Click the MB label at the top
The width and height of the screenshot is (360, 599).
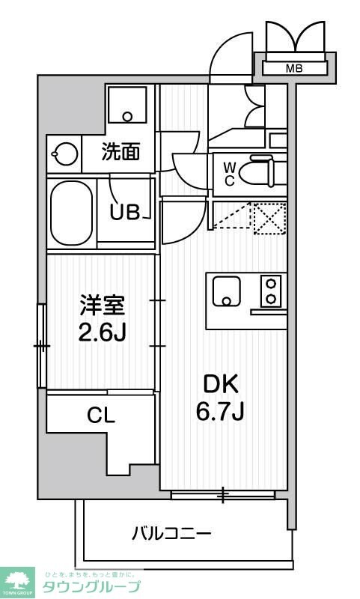pyautogui.click(x=294, y=69)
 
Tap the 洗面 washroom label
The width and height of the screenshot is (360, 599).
pyautogui.click(x=120, y=153)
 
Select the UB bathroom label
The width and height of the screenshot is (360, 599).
pyautogui.click(x=125, y=213)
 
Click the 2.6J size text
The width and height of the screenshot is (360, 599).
pyautogui.click(x=103, y=331)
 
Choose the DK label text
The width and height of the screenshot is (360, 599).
pyautogui.click(x=220, y=385)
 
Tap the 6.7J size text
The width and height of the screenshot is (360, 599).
pyautogui.click(x=220, y=411)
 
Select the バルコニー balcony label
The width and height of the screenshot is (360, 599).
pyautogui.click(x=171, y=534)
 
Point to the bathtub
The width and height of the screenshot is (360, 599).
pyautogui.click(x=71, y=213)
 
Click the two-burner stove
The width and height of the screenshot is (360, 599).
pyautogui.click(x=270, y=291)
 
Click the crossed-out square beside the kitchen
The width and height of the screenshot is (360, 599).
pyautogui.click(x=269, y=217)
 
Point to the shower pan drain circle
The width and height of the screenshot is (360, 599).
pyautogui.click(x=128, y=117)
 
